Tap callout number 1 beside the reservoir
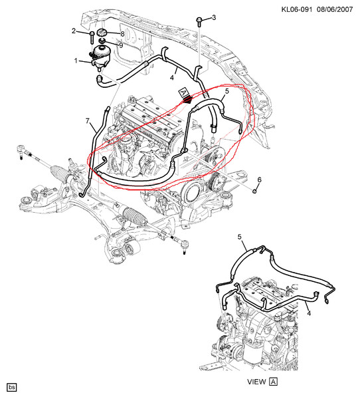tap(76, 61)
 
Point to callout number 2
tap(74, 31)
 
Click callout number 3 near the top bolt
tap(213, 17)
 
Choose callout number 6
tap(260, 180)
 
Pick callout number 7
tap(86, 120)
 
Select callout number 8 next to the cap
tap(122, 34)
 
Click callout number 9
tap(121, 45)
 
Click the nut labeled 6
tap(255, 191)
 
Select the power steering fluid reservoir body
tap(100, 56)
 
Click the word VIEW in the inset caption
tap(256, 382)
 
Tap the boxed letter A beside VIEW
tap(273, 382)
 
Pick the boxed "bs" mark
tap(12, 386)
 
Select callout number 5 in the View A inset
tap(241, 237)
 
